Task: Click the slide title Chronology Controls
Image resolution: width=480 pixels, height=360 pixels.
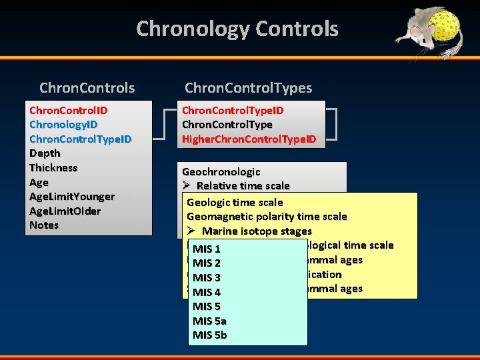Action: click(237, 29)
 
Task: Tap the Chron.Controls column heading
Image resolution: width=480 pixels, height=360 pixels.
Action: click(87, 88)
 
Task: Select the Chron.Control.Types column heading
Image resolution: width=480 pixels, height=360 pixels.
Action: click(248, 88)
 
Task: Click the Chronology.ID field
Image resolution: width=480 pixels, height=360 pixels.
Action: click(63, 125)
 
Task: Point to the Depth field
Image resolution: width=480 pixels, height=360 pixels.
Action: click(45, 153)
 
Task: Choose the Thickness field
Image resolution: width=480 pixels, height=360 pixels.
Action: click(53, 168)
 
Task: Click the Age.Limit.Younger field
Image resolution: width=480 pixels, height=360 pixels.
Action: click(72, 197)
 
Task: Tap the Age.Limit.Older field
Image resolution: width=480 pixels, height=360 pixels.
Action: click(65, 211)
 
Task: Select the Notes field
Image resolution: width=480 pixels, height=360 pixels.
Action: click(44, 225)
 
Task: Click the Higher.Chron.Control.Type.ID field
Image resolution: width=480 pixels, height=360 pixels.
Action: click(249, 139)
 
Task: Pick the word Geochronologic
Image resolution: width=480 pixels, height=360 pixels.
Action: click(221, 172)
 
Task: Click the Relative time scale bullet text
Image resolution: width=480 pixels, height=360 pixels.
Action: click(243, 186)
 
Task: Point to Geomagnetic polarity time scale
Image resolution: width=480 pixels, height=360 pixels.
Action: click(267, 217)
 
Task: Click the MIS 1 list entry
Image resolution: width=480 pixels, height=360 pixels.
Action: click(207, 249)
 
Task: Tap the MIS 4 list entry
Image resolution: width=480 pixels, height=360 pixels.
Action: click(207, 292)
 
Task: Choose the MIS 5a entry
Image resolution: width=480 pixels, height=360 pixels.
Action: click(209, 321)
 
